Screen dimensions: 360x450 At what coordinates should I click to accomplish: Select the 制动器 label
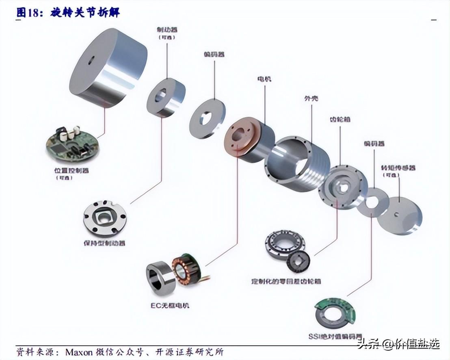click(167, 30)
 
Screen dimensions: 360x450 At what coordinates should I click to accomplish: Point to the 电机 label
click(264, 78)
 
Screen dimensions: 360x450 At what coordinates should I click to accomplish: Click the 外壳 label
click(311, 99)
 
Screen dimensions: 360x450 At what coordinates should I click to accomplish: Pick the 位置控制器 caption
click(71, 170)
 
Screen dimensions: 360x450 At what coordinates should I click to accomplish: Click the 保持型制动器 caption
click(104, 243)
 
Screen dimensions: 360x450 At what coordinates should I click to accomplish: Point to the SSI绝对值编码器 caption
click(335, 336)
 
